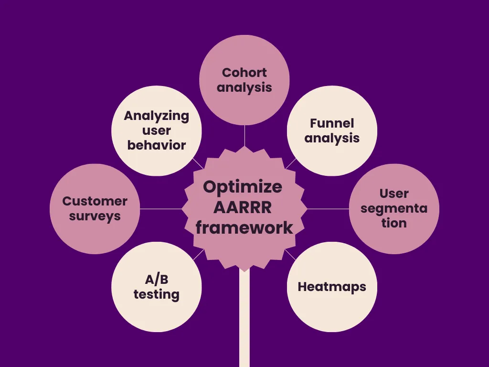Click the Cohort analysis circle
244,80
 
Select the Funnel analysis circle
332,130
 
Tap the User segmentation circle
394,208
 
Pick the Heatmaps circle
332,287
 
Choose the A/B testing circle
156,287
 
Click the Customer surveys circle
95,208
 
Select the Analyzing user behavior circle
156,130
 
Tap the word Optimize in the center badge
243,187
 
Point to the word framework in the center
244,227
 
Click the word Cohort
244,73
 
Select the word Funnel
332,123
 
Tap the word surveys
95,216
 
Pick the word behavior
156,145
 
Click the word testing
156,294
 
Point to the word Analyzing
156,116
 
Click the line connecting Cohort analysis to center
244,136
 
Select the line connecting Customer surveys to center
161,209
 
